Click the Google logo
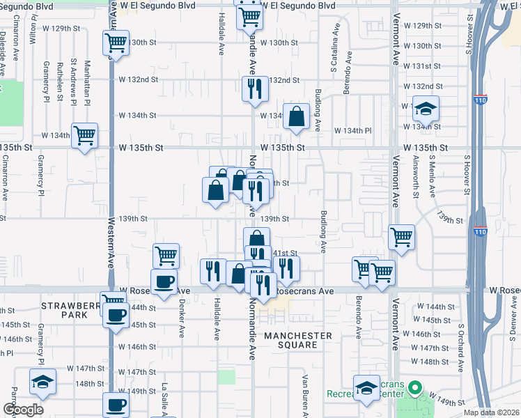click(23, 410)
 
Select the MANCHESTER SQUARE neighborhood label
click(298, 341)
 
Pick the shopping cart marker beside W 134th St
click(85, 136)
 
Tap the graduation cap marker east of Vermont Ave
click(425, 111)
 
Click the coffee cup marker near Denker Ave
click(164, 282)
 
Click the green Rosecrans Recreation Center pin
click(416, 387)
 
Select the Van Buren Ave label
click(305, 394)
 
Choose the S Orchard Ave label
click(460, 338)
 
